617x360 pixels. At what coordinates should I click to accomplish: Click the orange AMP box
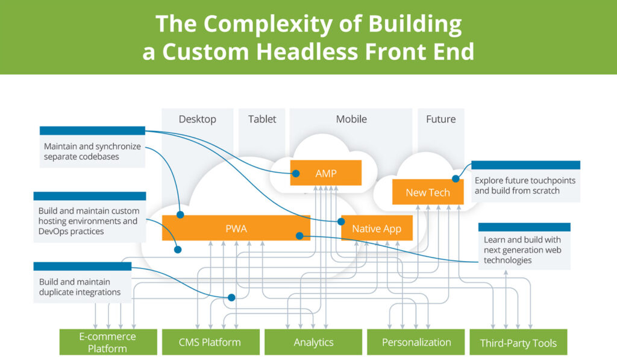(326, 173)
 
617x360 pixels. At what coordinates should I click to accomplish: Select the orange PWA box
(236, 228)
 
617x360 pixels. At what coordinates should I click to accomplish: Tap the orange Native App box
(377, 228)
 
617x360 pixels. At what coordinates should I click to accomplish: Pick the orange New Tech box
(428, 192)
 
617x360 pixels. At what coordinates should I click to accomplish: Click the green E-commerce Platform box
(108, 342)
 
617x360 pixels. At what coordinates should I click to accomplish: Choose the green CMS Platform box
(210, 342)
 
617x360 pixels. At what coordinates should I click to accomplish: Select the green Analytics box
(313, 342)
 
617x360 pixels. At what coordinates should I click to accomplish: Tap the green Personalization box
(416, 342)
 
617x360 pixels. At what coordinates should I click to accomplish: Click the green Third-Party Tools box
(518, 343)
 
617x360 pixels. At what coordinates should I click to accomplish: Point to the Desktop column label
(197, 119)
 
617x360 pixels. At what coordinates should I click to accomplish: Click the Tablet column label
(262, 119)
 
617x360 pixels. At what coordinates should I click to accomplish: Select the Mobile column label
(351, 119)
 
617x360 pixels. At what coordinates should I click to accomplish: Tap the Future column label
(440, 119)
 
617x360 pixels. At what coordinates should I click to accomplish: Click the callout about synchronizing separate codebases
(92, 151)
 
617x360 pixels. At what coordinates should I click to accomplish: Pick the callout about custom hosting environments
(89, 221)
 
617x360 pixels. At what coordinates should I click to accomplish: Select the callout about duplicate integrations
(82, 286)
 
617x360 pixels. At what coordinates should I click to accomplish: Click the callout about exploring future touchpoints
(525, 185)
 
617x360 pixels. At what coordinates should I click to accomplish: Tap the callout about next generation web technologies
(523, 250)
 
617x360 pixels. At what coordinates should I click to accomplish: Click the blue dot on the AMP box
(296, 174)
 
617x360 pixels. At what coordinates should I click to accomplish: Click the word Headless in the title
(305, 51)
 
